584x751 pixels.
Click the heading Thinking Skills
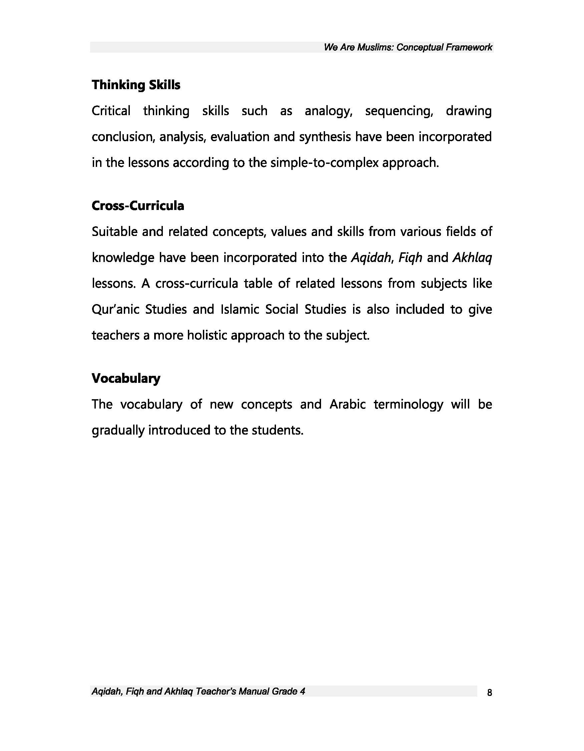pyautogui.click(x=136, y=84)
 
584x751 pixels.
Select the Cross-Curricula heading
pyautogui.click(x=138, y=206)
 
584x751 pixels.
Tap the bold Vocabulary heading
pyautogui.click(x=126, y=378)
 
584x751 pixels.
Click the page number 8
pyautogui.click(x=490, y=692)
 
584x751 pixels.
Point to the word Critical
pyautogui.click(x=111, y=111)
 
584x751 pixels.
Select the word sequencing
pyautogui.click(x=399, y=111)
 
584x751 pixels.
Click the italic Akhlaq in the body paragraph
pyautogui.click(x=472, y=258)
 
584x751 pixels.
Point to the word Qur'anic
pyautogui.click(x=115, y=309)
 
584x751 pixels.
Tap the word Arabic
pyautogui.click(x=347, y=405)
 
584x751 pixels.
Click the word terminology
pyautogui.click(x=408, y=405)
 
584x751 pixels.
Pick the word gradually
pyautogui.click(x=117, y=430)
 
